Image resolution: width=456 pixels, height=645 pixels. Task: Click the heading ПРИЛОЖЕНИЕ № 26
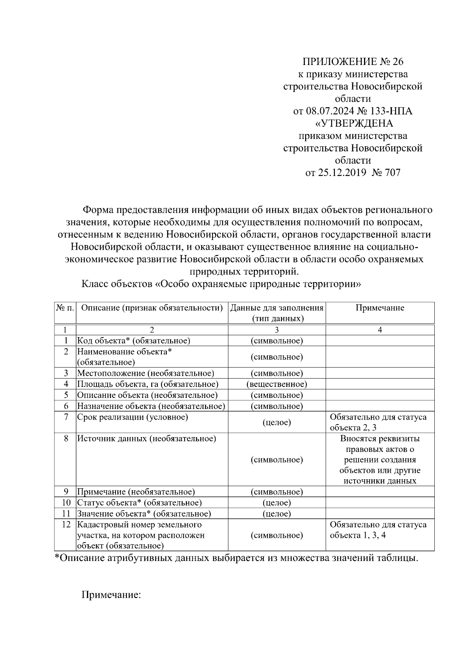click(353, 62)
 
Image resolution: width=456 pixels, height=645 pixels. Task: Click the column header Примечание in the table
click(380, 308)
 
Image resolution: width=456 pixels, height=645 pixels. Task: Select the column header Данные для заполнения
click(277, 308)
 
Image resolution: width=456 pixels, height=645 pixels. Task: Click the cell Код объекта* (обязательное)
click(134, 341)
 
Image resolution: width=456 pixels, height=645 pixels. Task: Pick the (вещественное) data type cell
click(277, 384)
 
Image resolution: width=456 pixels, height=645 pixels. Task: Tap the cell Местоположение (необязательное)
click(146, 373)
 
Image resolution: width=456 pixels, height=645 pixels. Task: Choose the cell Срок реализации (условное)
click(133, 417)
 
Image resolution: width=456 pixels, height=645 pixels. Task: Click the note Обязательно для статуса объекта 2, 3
click(378, 422)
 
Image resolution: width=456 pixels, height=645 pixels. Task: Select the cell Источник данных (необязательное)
click(147, 439)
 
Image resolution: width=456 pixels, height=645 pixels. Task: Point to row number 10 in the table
click(66, 503)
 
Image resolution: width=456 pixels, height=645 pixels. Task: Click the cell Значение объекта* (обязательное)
click(144, 514)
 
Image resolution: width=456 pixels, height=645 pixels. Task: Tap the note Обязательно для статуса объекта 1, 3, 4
click(378, 530)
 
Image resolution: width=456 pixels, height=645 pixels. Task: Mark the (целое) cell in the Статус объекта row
click(277, 503)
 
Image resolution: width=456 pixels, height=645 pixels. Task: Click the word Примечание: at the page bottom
click(111, 594)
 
